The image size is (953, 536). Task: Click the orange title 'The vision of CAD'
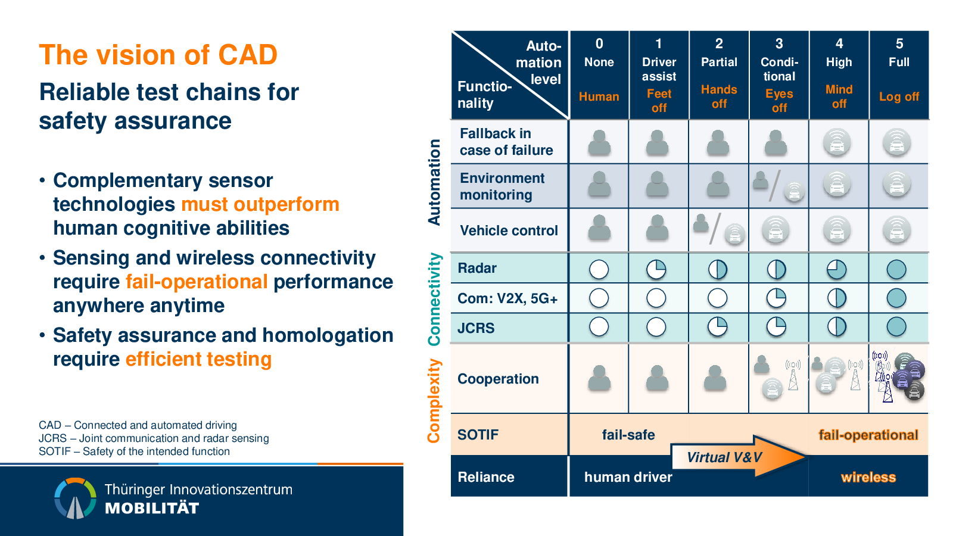pyautogui.click(x=158, y=55)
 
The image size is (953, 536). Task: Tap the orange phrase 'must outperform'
pyautogui.click(x=260, y=205)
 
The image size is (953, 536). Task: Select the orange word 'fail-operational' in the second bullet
pyautogui.click(x=197, y=282)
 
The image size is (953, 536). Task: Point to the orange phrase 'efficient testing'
pyautogui.click(x=199, y=359)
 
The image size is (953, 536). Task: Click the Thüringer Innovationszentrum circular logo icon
pyautogui.click(x=75, y=498)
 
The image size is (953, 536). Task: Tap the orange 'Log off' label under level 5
pyautogui.click(x=899, y=96)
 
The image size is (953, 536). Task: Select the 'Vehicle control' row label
pyautogui.click(x=509, y=230)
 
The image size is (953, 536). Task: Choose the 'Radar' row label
pyautogui.click(x=477, y=268)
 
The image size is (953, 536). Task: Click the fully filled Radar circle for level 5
pyautogui.click(x=896, y=269)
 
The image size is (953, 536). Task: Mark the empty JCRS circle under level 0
pyautogui.click(x=599, y=327)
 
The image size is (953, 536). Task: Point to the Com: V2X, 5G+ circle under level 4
pyautogui.click(x=837, y=298)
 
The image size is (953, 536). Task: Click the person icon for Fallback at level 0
pyautogui.click(x=599, y=142)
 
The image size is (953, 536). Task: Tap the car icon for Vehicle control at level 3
pyautogui.click(x=776, y=230)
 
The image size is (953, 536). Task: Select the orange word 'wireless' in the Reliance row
pyautogui.click(x=868, y=477)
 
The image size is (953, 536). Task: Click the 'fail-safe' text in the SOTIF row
pyautogui.click(x=628, y=435)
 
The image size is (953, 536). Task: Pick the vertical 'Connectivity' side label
pyautogui.click(x=434, y=299)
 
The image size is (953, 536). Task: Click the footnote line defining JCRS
pyautogui.click(x=154, y=438)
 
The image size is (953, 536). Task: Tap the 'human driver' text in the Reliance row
pyautogui.click(x=628, y=477)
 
